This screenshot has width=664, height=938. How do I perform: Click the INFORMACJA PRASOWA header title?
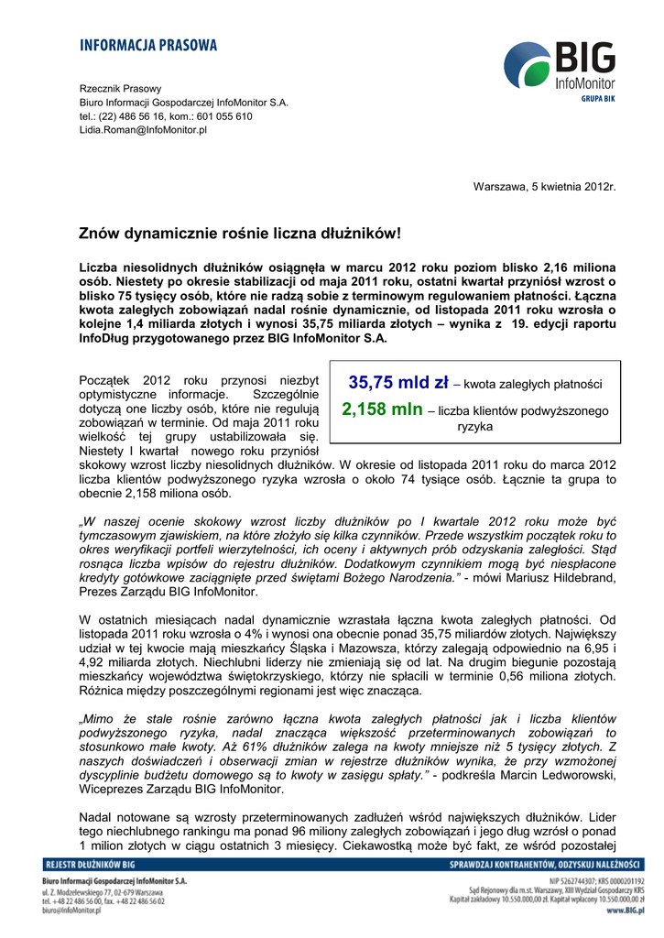[x=148, y=45]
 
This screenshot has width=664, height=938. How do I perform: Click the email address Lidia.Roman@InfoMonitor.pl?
[x=143, y=130]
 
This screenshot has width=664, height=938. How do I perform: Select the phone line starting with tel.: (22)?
[x=166, y=116]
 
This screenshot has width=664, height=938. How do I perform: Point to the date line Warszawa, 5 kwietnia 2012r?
[x=544, y=187]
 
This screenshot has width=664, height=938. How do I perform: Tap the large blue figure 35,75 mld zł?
[x=398, y=383]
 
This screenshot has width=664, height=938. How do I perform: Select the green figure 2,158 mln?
[x=382, y=410]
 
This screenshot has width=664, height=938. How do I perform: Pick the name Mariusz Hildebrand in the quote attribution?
[x=571, y=578]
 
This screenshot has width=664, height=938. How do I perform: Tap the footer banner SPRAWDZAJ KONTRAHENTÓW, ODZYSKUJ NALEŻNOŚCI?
[x=545, y=864]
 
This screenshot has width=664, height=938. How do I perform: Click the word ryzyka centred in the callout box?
[x=475, y=427]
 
